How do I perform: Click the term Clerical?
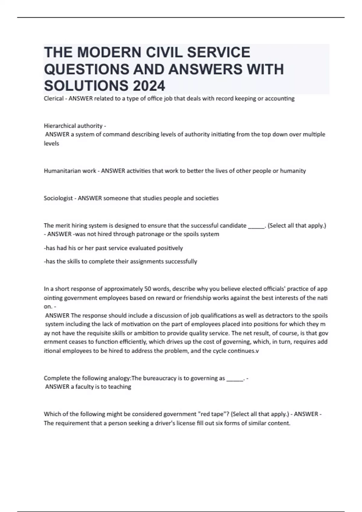pyautogui.click(x=54, y=98)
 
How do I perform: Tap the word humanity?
pyautogui.click(x=293, y=171)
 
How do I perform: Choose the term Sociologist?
pyautogui.click(x=58, y=198)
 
